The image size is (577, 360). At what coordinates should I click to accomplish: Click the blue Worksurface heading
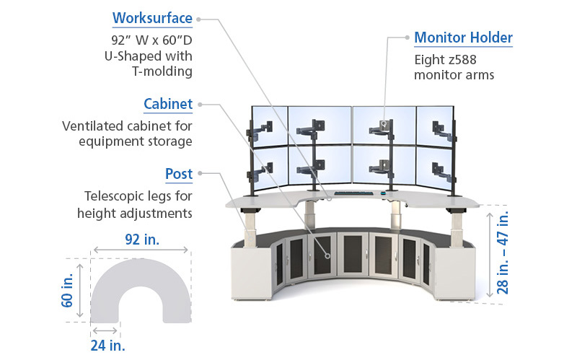point(152,18)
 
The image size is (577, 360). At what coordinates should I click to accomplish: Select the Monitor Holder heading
point(463,38)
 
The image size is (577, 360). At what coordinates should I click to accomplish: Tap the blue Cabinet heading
point(168,104)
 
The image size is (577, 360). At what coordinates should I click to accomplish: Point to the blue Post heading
point(179,174)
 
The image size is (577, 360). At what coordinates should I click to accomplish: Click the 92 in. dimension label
point(142,240)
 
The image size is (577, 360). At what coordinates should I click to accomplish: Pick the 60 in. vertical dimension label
point(67,291)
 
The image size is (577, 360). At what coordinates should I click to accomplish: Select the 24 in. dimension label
point(107,346)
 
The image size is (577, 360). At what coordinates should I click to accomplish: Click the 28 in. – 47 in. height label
point(503,253)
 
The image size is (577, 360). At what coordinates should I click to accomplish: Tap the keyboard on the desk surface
point(353,193)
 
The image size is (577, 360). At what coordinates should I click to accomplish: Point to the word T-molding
point(162,71)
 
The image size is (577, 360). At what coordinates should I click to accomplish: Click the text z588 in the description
point(461,60)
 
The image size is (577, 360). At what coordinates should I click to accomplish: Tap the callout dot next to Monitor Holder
point(407,38)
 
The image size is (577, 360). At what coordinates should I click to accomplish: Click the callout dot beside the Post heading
point(201,173)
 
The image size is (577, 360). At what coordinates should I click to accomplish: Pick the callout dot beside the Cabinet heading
point(201,105)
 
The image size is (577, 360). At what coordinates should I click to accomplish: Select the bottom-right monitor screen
point(434,165)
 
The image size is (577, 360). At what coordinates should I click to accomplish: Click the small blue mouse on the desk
point(383,193)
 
